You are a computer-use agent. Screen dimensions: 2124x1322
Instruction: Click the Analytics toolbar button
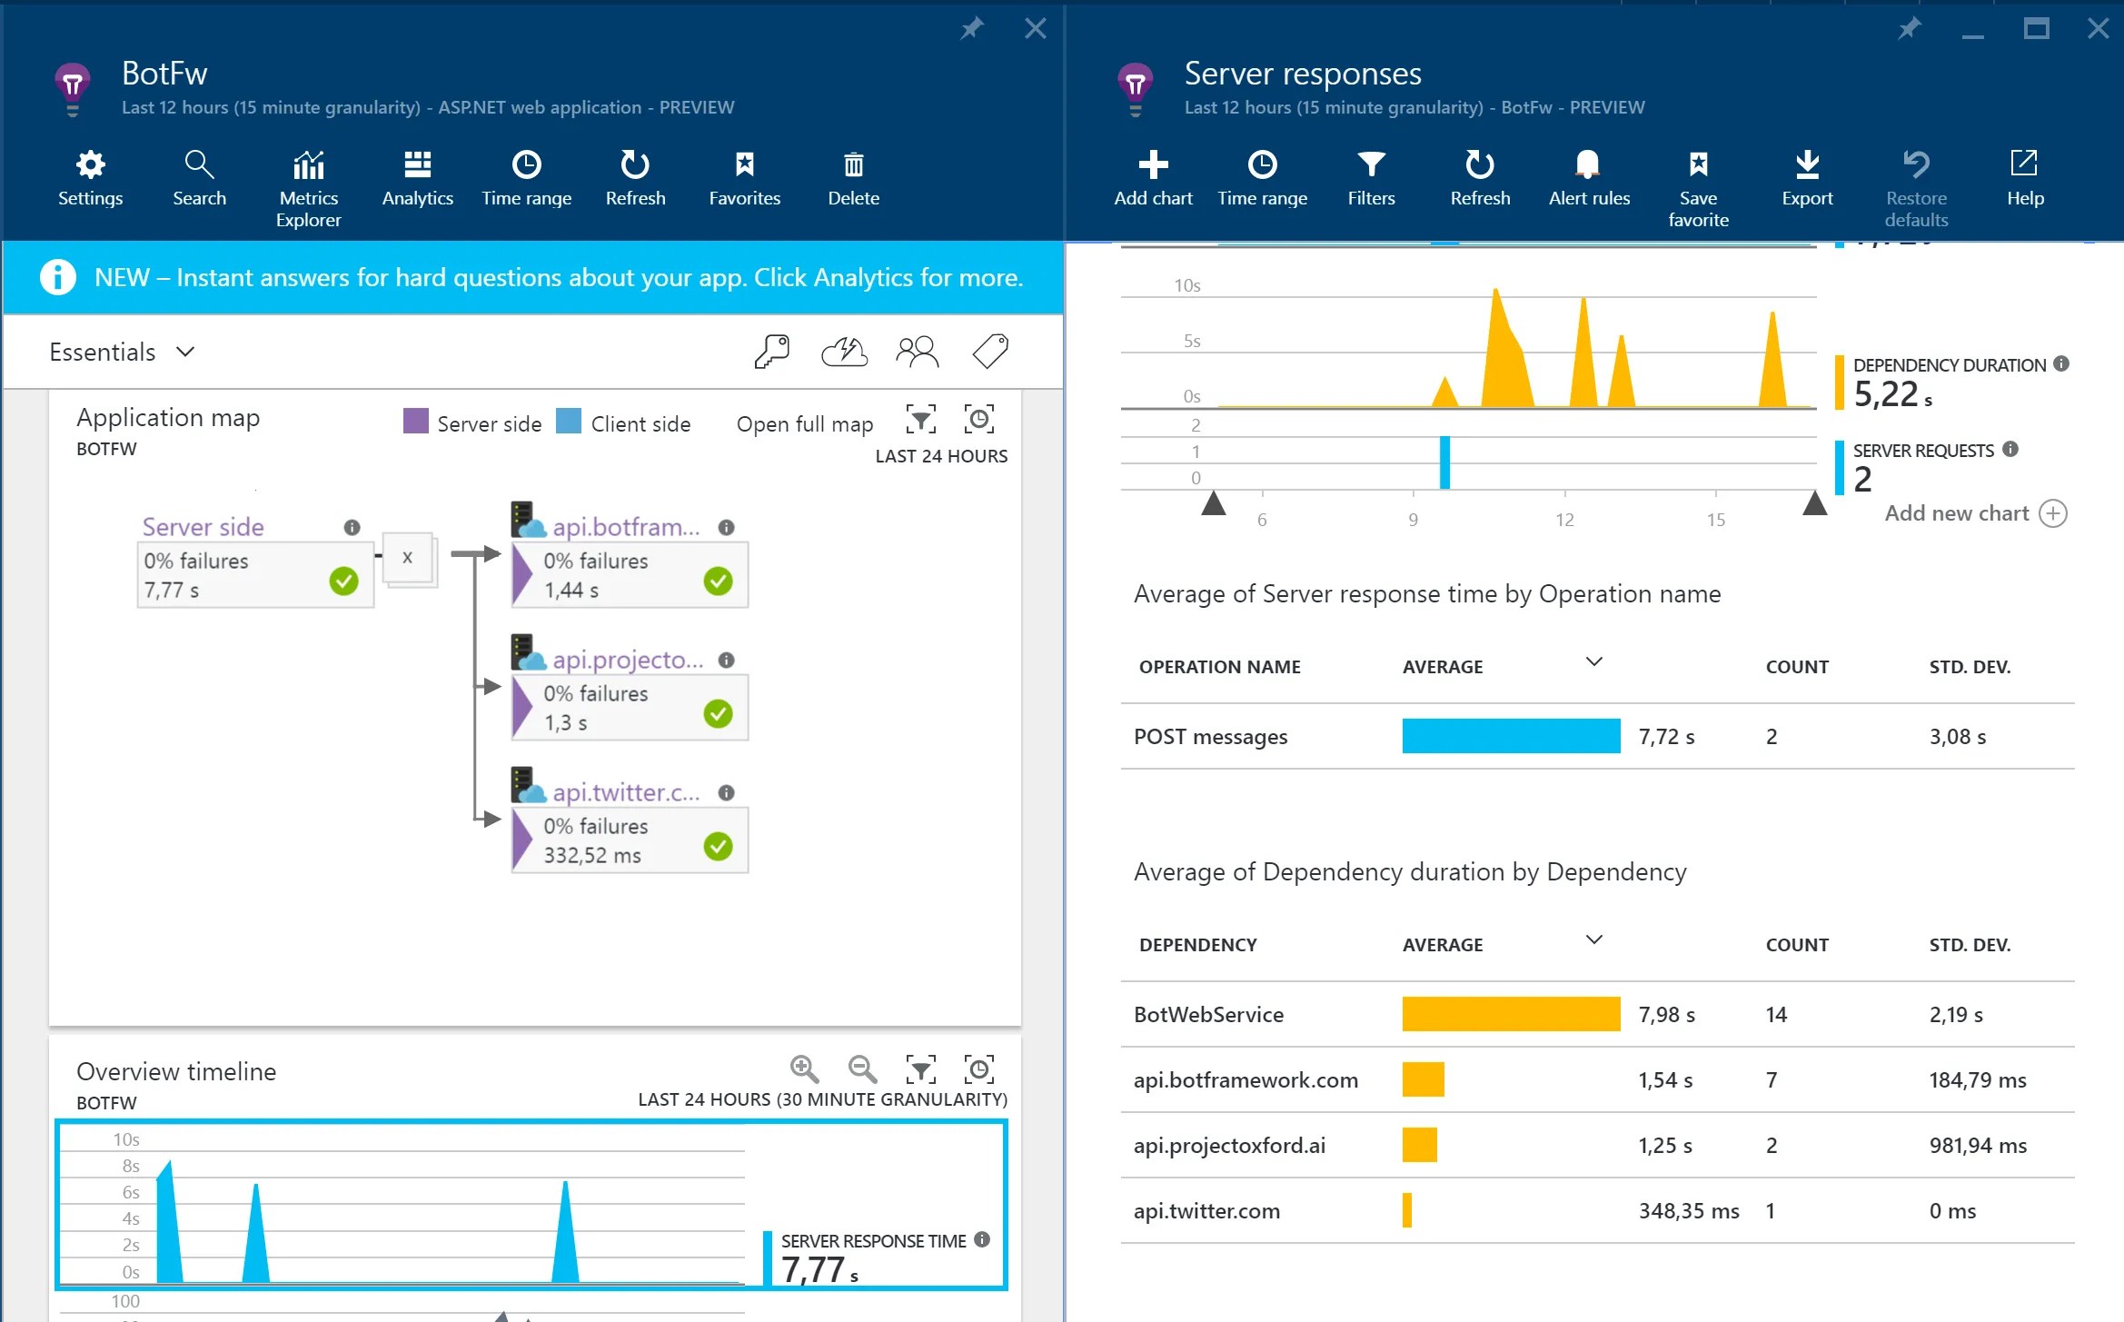[x=417, y=179]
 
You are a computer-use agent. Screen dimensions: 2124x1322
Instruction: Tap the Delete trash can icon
[x=853, y=164]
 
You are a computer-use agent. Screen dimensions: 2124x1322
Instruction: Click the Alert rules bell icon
[x=1587, y=164]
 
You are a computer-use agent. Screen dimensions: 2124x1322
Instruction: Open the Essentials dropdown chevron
[x=185, y=352]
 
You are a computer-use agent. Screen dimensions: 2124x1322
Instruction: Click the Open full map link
[x=804, y=424]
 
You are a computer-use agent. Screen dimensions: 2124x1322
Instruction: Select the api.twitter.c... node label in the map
[x=626, y=792]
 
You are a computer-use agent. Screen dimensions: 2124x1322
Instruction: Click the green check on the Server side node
[x=343, y=581]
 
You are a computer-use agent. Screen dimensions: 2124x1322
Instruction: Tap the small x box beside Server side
[x=407, y=558]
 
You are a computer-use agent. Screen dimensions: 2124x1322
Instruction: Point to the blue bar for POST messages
[x=1511, y=736]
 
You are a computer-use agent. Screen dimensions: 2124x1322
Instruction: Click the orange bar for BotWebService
[x=1511, y=1014]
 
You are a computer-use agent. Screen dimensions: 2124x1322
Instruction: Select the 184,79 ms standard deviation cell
[x=1978, y=1080]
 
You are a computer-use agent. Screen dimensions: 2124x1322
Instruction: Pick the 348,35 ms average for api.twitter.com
[x=1688, y=1211]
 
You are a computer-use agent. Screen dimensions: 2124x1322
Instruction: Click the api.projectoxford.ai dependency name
[x=1229, y=1146]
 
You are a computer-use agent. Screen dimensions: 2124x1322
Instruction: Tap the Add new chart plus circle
[x=2052, y=513]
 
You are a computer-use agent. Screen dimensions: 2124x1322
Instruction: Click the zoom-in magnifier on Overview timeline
[x=805, y=1069]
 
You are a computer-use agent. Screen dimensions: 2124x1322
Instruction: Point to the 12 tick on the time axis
[x=1564, y=520]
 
